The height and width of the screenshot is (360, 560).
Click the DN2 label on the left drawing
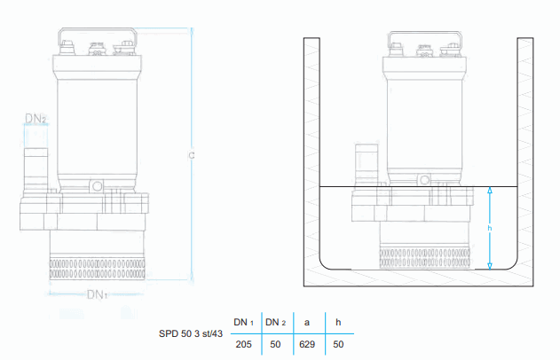point(35,118)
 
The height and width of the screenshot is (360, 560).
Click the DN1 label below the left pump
point(98,294)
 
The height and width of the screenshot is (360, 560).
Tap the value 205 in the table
point(244,343)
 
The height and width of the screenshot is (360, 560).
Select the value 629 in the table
point(307,343)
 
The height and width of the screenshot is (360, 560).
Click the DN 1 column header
point(244,322)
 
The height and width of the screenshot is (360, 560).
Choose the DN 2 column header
point(276,322)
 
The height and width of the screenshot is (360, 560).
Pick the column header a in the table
point(307,322)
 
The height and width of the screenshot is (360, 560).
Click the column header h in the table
point(338,322)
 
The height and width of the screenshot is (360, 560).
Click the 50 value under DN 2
point(276,343)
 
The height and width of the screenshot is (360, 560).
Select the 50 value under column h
point(338,343)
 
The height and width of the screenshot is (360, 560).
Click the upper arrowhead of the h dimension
point(489,191)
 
